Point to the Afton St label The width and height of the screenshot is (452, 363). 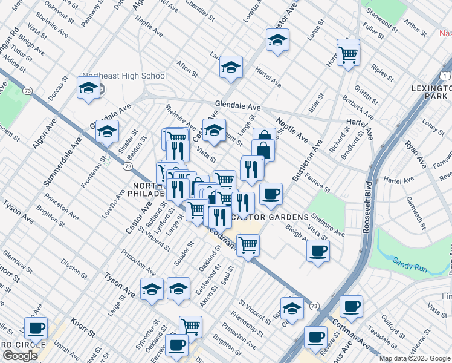186,69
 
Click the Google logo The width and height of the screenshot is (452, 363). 20,355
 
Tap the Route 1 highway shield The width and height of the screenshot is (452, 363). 444,75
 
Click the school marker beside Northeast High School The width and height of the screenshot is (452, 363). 88,88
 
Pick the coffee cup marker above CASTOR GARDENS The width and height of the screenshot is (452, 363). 271,194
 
